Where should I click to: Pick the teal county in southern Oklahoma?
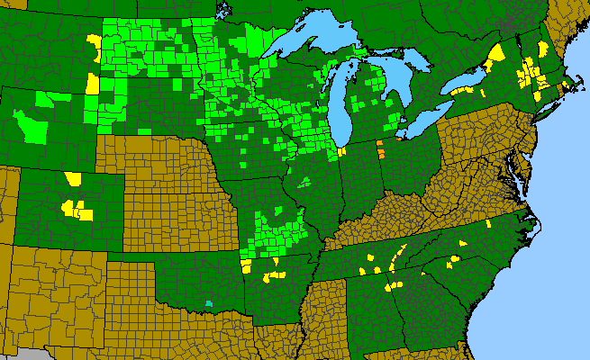[x=210, y=303]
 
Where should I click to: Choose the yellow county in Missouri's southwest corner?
[x=246, y=264]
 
